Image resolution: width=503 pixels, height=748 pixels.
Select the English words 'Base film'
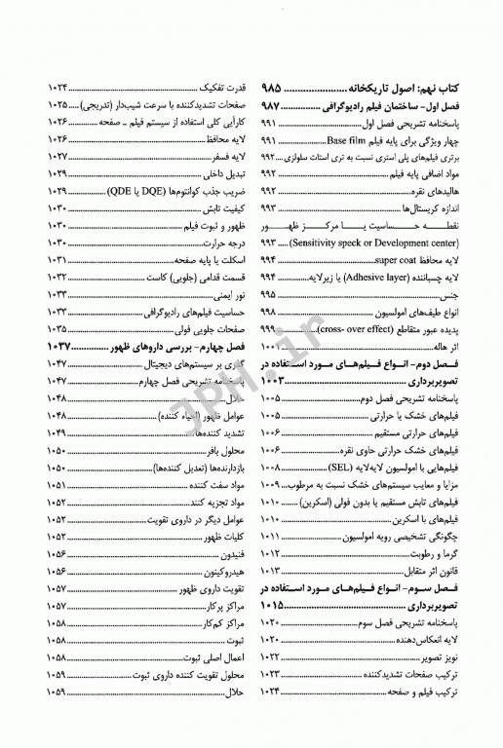tap(364, 139)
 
